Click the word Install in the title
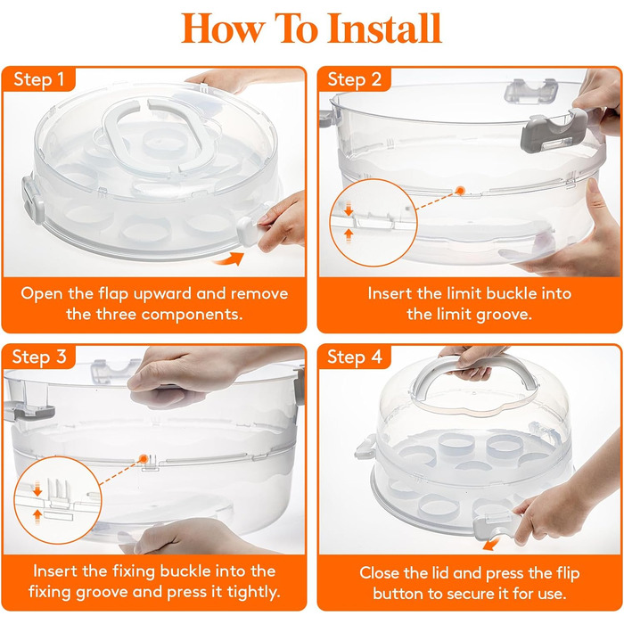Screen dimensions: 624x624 [385, 29]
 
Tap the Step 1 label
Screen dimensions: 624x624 [38, 79]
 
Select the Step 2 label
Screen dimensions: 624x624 [354, 79]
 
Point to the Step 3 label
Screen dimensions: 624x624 [38, 357]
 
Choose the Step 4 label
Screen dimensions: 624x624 [354, 357]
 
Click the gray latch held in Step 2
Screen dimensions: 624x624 [554, 131]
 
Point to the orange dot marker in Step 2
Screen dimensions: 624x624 [461, 191]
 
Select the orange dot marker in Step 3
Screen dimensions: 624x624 [144, 458]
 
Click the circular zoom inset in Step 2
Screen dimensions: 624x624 [373, 223]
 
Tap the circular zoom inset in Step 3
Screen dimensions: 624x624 [58, 500]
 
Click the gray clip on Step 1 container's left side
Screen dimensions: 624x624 [32, 198]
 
